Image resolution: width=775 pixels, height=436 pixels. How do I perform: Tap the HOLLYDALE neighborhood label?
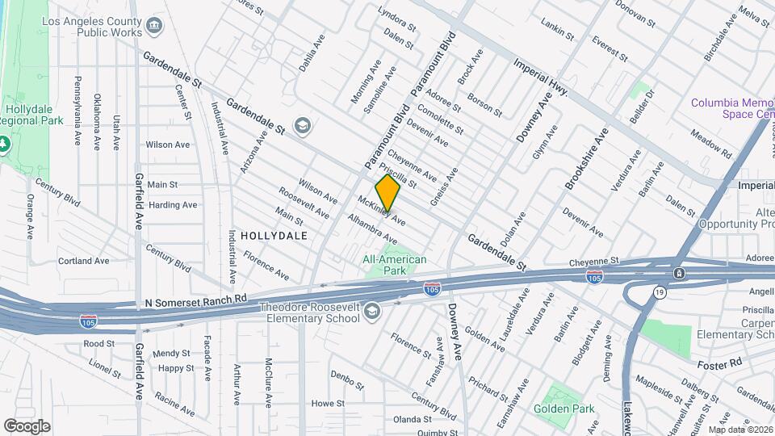pos(279,236)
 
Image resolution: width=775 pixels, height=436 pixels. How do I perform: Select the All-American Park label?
pos(395,265)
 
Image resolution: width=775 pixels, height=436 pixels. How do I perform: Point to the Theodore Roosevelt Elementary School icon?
pos(372,312)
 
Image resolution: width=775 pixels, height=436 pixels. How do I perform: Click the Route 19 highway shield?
pos(660,292)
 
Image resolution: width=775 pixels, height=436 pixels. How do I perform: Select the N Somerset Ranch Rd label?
pos(195,300)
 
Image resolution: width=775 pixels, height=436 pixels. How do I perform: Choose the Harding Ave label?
pos(173,205)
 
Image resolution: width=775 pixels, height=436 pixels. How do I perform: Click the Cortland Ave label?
pos(83,261)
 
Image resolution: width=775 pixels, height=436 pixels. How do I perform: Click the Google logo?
pos(27,426)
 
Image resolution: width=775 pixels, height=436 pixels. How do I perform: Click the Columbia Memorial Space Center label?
pos(731,109)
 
